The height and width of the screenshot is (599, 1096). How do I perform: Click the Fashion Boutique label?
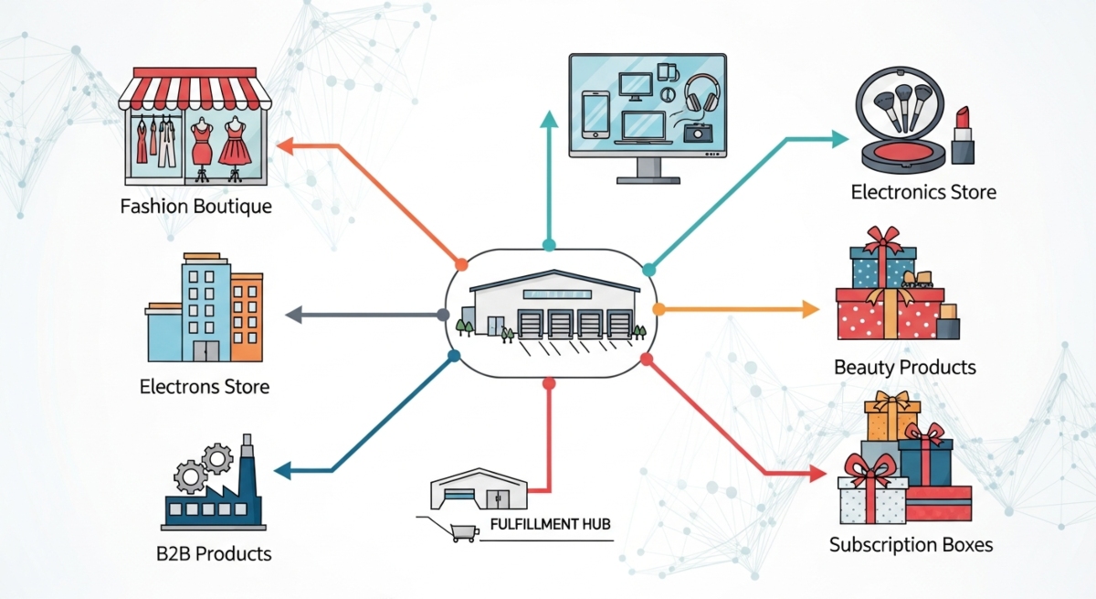[195, 206]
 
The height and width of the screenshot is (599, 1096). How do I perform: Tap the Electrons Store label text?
[205, 386]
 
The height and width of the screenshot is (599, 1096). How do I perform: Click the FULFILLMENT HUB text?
[550, 525]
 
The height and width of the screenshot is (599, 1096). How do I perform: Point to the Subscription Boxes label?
[911, 545]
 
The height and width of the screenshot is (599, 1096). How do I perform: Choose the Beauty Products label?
[904, 368]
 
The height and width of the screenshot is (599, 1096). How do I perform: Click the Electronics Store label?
[922, 192]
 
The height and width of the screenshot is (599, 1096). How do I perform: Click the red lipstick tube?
[961, 137]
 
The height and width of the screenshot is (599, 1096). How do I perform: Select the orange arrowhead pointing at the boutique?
[283, 144]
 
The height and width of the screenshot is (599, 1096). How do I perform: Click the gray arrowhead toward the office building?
[294, 315]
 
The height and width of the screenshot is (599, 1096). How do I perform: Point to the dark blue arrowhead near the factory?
[281, 471]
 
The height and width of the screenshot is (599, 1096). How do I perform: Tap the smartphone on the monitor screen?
[595, 115]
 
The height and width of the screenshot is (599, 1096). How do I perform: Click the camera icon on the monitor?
[696, 133]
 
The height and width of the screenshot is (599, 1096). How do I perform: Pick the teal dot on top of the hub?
[549, 245]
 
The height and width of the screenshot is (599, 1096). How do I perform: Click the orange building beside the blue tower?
[247, 316]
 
